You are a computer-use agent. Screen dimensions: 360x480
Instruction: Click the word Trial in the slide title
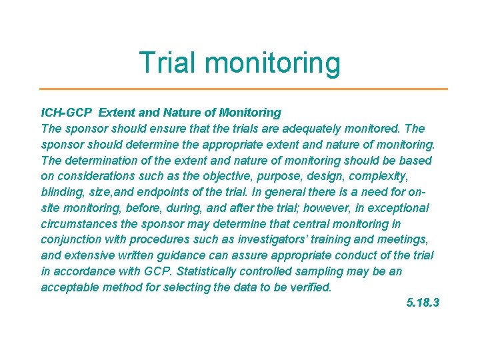169,63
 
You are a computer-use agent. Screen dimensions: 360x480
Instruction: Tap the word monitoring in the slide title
273,64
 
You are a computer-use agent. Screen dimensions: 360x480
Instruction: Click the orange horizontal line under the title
243,89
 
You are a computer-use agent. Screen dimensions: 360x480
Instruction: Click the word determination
97,161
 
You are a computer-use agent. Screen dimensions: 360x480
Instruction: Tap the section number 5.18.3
423,303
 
